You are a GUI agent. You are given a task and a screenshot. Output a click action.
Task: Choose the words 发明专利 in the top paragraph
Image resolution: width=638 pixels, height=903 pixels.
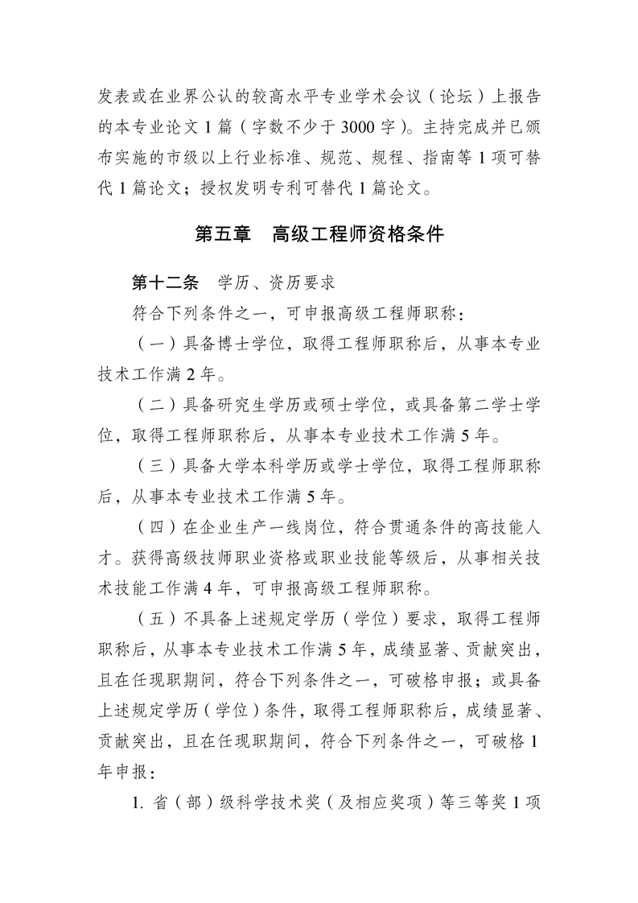290,190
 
